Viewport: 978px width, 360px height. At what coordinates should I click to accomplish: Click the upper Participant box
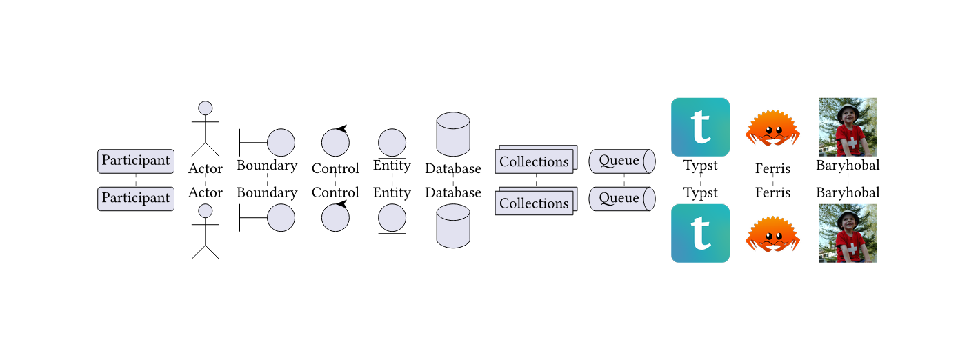[x=136, y=161]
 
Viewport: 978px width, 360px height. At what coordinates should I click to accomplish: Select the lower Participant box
[x=136, y=199]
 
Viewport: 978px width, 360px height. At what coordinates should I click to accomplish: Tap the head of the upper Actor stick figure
[x=205, y=108]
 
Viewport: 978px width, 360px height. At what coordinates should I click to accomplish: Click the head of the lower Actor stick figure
[x=205, y=210]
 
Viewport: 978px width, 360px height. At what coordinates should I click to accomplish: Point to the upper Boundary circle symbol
[x=281, y=143]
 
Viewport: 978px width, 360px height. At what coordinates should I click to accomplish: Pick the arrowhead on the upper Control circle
[x=341, y=129]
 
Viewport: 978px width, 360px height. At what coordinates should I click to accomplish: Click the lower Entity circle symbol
[x=392, y=218]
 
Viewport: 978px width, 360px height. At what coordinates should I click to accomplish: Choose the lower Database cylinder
[x=453, y=225]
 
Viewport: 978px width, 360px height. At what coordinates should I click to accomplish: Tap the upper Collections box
[x=535, y=162]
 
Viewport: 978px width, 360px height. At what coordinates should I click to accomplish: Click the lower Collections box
[x=535, y=203]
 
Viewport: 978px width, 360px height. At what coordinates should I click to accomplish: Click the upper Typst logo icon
[x=700, y=127]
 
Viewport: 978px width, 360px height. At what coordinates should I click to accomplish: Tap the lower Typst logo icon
[x=700, y=233]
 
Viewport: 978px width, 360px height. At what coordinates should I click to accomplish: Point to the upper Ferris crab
[x=772, y=128]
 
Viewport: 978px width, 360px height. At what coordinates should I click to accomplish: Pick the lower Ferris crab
[x=772, y=234]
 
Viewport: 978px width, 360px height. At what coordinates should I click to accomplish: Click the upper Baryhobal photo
[x=848, y=127]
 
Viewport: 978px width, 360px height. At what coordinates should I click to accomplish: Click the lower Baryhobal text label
[x=848, y=193]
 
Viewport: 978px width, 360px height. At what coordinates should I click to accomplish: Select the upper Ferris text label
[x=772, y=169]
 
